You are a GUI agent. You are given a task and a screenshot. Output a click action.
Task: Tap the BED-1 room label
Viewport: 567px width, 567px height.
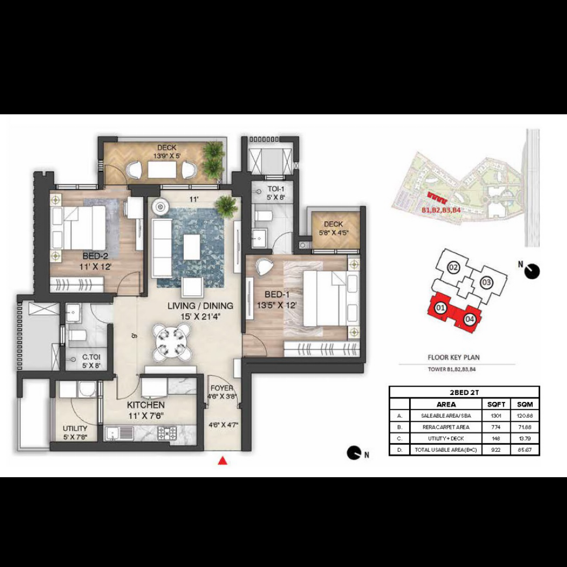277,295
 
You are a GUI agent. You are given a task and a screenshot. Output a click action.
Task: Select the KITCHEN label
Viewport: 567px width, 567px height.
146,405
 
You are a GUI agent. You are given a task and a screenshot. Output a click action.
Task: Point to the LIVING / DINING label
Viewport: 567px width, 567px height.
200,306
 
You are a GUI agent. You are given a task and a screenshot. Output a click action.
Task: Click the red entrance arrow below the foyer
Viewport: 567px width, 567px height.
223,461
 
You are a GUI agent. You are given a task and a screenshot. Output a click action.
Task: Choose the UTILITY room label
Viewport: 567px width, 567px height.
75,429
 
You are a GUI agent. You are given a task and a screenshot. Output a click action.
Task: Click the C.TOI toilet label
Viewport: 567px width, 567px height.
91,357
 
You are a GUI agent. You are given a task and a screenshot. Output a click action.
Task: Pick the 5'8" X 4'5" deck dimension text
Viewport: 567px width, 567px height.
333,232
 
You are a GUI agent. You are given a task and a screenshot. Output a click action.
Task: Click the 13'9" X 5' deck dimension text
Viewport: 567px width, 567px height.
166,155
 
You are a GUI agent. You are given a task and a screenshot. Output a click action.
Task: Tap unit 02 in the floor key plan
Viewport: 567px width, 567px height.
454,268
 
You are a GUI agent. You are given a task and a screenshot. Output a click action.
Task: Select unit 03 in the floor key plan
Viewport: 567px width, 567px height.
486,283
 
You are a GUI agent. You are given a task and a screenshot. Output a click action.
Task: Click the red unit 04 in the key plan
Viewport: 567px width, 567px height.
469,319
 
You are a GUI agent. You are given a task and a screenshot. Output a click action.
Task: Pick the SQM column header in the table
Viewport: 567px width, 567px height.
525,404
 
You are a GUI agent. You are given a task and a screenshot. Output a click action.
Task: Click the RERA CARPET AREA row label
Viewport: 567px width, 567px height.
446,427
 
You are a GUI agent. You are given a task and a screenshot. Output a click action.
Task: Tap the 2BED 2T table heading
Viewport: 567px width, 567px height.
464,392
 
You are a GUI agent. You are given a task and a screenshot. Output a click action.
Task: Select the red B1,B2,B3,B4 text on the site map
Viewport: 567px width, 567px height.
441,209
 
